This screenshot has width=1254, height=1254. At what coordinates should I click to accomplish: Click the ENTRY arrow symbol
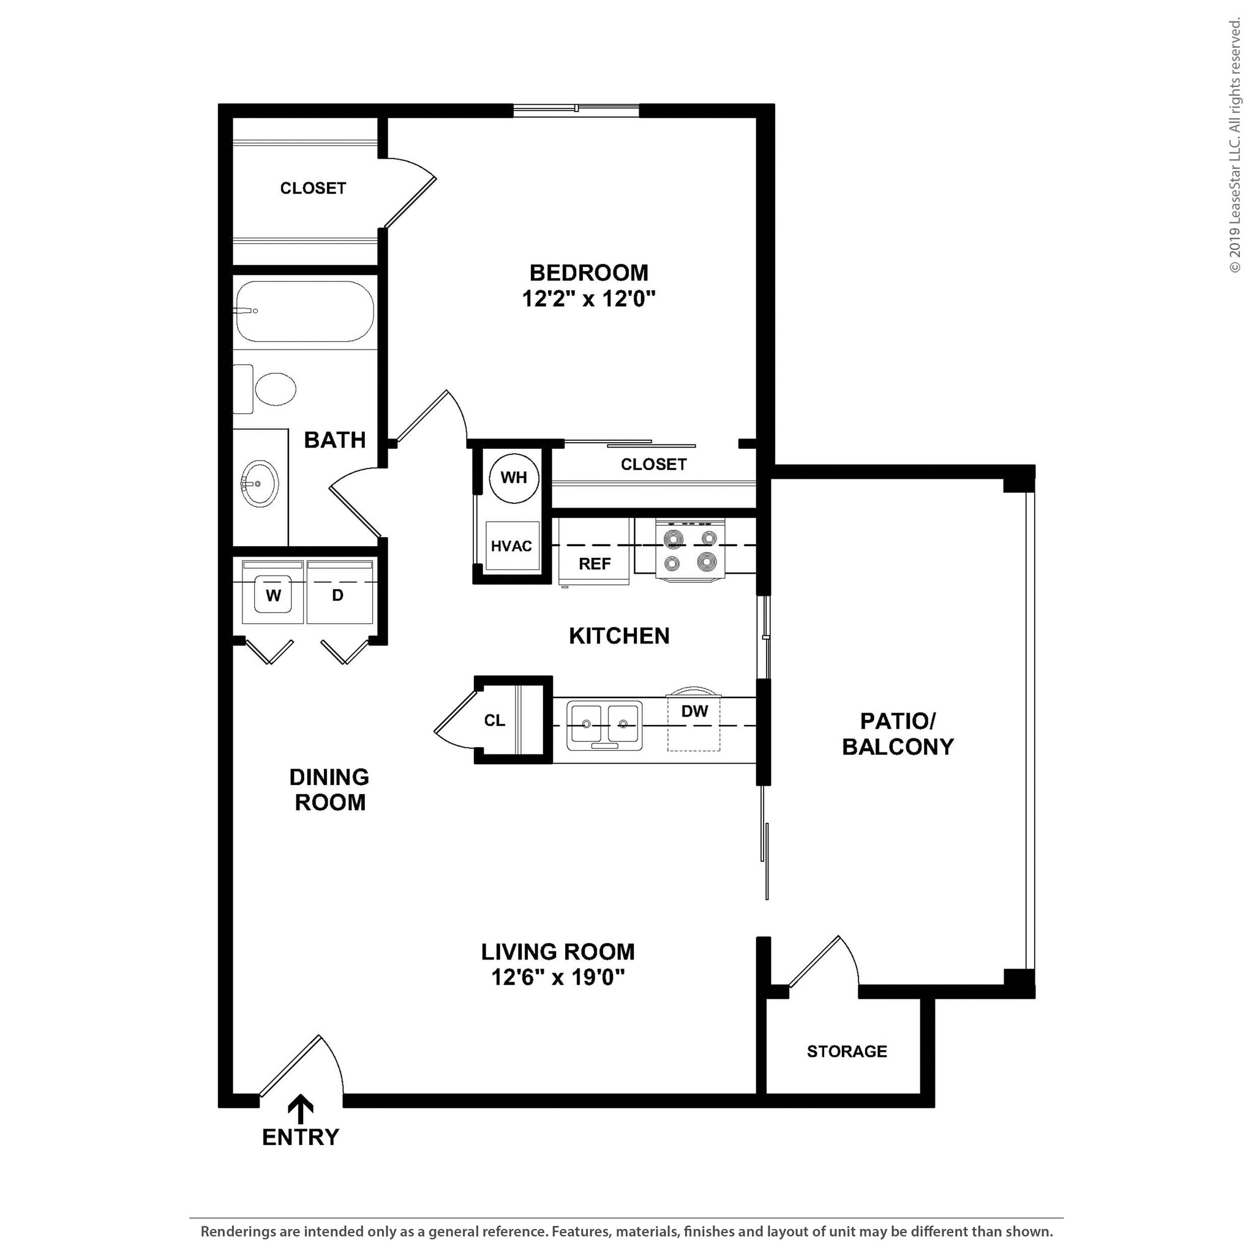coord(301,1109)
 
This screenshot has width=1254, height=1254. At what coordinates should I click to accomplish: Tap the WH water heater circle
coord(513,478)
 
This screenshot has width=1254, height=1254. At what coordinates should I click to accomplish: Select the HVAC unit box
coord(511,546)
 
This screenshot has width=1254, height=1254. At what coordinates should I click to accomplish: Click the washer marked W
coord(273,595)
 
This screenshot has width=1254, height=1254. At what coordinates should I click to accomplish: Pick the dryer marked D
coord(338,595)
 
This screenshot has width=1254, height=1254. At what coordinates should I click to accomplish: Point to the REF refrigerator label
coord(595,564)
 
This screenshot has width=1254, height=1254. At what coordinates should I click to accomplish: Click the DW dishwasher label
coord(694,711)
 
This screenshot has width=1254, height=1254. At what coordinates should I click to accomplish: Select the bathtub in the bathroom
coord(304,312)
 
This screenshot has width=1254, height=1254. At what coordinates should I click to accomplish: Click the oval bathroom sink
coord(260,484)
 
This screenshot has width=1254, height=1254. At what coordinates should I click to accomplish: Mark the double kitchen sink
coord(604,724)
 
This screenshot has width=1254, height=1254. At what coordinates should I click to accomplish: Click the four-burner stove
coord(690,550)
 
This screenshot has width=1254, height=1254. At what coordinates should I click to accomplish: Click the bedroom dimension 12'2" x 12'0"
coord(588,299)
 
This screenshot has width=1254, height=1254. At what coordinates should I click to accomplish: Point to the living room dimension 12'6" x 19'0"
coord(558,977)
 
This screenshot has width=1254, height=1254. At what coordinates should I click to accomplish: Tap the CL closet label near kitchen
coord(495,721)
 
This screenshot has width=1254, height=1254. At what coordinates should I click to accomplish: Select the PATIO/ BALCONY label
coord(898,734)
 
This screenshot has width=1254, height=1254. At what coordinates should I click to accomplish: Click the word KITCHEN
coord(618,636)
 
